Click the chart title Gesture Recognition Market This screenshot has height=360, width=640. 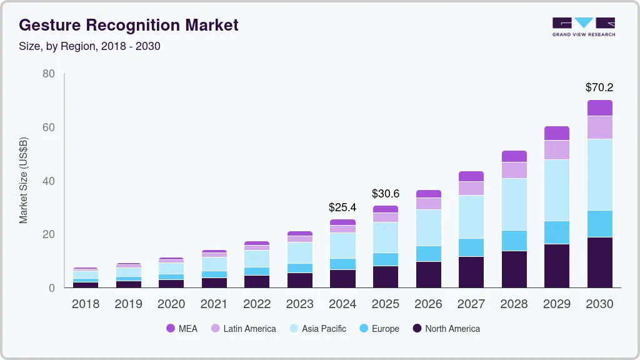coord(128,26)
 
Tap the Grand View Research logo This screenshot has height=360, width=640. coord(583,27)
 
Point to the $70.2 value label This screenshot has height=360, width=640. coord(599,87)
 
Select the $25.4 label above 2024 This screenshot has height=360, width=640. coord(342,207)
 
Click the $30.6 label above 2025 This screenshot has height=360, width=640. coord(385,194)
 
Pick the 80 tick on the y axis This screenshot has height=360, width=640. coord(48,74)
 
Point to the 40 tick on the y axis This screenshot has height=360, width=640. coord(48,181)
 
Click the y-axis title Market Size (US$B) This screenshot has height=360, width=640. coord(24,181)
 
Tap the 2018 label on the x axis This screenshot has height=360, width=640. coord(86,304)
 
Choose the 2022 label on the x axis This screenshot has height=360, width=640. coord(257,304)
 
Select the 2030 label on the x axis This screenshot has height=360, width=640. coord(600,304)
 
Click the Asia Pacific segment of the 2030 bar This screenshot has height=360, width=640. coord(600,174)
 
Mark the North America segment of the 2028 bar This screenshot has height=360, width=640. coord(514,269)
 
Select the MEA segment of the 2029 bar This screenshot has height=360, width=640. coord(557,133)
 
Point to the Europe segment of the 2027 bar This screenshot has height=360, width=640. coord(471,247)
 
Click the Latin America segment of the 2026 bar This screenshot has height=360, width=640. coord(429,204)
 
